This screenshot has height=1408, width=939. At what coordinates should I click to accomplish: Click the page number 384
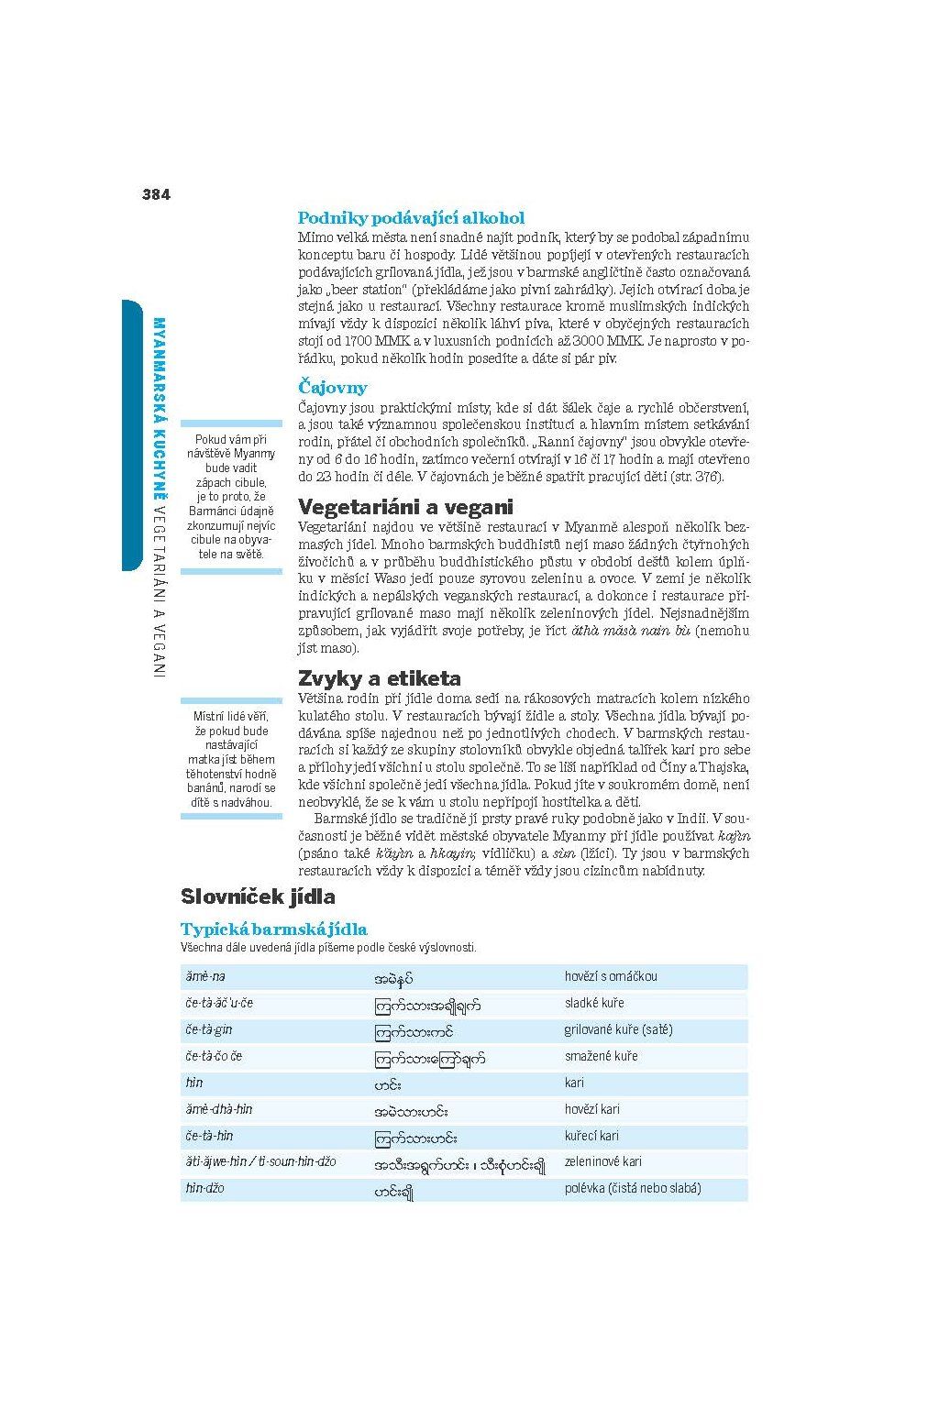[x=156, y=194]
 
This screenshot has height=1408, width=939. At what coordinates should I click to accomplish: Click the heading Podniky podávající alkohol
[x=411, y=218]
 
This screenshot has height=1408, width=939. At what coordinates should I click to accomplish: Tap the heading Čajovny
[x=332, y=388]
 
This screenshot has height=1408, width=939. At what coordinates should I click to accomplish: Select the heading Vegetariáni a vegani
[x=405, y=507]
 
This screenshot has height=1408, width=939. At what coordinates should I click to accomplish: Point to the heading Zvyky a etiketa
[x=380, y=678]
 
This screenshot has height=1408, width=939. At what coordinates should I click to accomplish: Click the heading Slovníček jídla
[x=258, y=896]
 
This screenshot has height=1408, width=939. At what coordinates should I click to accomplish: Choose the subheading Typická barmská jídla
[x=273, y=929]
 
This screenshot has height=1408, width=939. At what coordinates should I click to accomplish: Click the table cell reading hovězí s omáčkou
[x=611, y=977]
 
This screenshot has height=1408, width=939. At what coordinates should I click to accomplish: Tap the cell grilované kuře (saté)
[x=618, y=1030]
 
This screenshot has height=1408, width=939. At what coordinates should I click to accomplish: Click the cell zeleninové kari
[x=602, y=1162]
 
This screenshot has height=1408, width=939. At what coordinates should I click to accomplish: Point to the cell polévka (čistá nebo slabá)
[x=633, y=1189]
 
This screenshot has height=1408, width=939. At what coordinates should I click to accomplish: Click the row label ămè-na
[x=205, y=977]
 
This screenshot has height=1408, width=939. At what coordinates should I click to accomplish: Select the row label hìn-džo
[x=204, y=1189]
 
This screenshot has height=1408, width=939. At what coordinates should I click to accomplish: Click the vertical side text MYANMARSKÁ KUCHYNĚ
[x=159, y=412]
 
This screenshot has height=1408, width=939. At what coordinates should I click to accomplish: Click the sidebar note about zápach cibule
[x=231, y=496]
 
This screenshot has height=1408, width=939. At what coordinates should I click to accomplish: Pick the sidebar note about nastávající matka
[x=231, y=759]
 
